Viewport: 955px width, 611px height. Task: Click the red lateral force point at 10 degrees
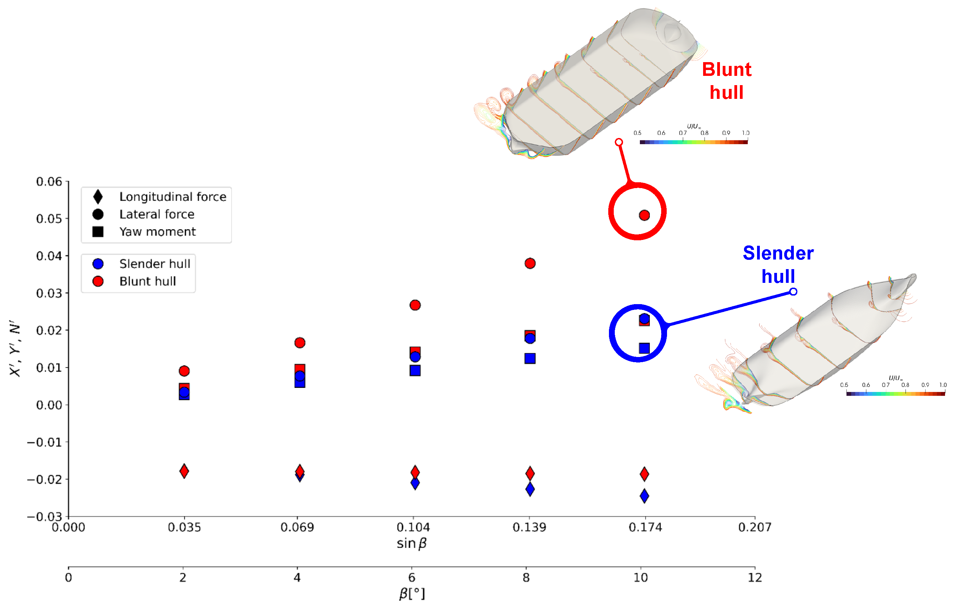coord(644,215)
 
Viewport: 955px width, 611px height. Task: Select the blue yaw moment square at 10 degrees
coord(644,348)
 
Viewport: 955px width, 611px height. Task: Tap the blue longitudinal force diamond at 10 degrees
coord(644,496)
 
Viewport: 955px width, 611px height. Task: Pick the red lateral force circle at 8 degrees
coord(530,263)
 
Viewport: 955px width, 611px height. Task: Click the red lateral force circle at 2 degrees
coord(184,371)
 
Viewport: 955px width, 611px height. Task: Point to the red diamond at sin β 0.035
coord(184,471)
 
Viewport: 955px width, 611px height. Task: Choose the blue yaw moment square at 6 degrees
coord(415,370)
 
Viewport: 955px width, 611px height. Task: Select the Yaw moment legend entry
coord(157,232)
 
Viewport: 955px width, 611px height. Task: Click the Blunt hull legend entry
coord(147,281)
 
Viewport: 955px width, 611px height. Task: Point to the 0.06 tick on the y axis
coord(49,182)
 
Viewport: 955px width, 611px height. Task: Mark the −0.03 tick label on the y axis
coord(44,516)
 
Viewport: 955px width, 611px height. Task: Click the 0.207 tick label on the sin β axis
coord(754,527)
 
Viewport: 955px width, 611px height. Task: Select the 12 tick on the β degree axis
coord(754,577)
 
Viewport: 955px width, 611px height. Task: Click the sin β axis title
coord(411,543)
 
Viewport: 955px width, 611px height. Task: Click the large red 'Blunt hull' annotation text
coord(726,81)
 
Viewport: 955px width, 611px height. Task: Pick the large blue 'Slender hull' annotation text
coord(778,265)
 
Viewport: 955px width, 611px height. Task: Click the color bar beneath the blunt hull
coord(693,142)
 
